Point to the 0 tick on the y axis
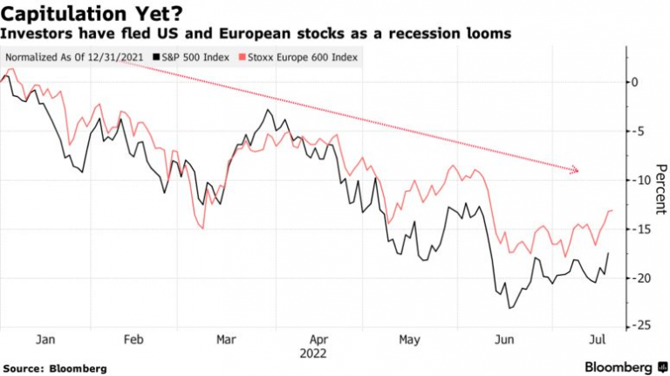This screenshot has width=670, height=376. [635, 82]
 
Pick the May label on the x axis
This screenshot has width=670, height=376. [409, 341]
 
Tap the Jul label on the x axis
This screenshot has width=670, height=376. [597, 341]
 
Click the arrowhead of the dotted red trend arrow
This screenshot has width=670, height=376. [575, 170]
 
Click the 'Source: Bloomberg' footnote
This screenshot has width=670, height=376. [54, 368]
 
